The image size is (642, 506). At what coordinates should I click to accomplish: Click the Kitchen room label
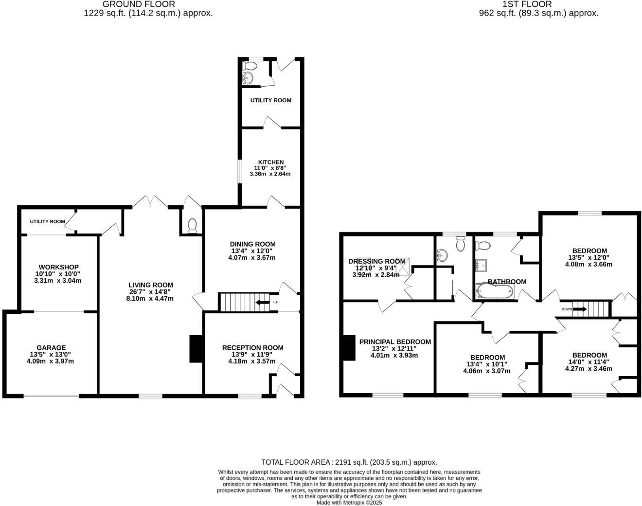point(270,162)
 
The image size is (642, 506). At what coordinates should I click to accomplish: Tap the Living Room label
point(151,285)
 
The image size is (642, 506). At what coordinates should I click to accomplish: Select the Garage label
point(52,348)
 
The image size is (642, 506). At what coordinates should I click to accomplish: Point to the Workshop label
point(58,267)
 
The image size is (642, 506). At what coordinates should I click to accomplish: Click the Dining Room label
point(252,244)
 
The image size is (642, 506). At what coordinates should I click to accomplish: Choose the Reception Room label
point(252,347)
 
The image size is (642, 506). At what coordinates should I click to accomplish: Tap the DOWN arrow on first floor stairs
point(579,309)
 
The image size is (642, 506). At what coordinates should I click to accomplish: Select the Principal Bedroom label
point(395,342)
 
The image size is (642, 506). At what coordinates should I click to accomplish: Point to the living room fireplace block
point(196,348)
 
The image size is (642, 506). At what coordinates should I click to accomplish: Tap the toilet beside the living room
point(192,225)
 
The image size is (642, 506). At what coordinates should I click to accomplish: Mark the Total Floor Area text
point(349,462)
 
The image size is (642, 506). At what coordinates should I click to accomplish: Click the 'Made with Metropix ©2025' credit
point(349,503)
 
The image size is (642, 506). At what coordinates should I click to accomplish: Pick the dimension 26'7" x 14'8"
point(151,292)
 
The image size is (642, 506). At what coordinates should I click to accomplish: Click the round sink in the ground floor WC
point(248,77)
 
